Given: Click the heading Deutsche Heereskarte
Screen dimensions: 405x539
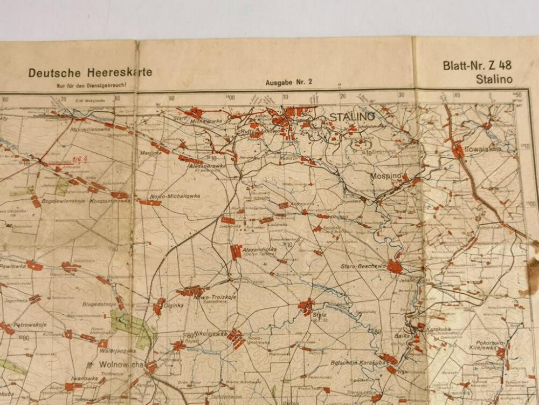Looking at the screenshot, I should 91,72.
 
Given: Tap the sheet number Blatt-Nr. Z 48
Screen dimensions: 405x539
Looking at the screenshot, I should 477,66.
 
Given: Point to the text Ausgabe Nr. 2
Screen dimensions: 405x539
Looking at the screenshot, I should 289,83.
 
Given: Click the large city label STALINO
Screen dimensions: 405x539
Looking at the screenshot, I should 352,117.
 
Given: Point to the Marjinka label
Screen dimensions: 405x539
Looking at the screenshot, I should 151,153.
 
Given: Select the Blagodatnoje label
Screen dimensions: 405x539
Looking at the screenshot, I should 99,305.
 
